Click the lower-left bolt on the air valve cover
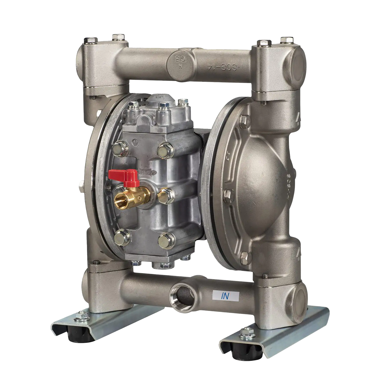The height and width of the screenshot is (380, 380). click(120, 236)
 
